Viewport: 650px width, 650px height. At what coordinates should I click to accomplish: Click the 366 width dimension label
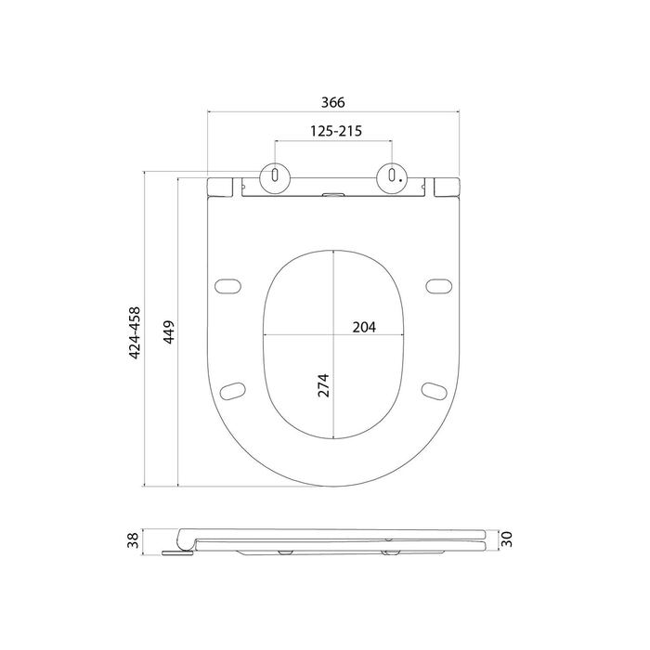click(332, 102)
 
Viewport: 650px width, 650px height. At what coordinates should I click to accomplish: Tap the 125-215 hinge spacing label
click(336, 131)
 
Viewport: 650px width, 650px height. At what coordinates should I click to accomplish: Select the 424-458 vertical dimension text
click(135, 332)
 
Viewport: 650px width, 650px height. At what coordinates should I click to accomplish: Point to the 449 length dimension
click(168, 332)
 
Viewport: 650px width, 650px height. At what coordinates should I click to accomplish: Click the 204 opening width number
click(364, 328)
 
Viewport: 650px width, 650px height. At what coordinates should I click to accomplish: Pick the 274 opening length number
click(323, 385)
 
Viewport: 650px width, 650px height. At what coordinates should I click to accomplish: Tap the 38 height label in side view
click(133, 540)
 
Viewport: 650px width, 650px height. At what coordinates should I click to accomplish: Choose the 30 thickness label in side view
click(507, 539)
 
